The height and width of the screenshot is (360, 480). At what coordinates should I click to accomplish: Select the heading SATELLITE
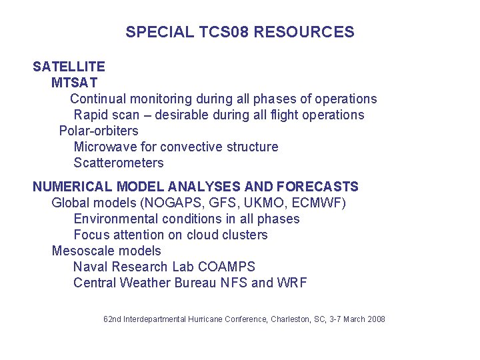[x=69, y=67]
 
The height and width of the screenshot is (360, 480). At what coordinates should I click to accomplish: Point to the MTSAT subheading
[x=74, y=83]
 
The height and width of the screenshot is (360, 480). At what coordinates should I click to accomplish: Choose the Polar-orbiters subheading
[x=99, y=131]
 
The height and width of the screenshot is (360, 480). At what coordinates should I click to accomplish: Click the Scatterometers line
[x=118, y=163]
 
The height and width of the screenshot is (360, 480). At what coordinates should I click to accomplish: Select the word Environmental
[x=115, y=219]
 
